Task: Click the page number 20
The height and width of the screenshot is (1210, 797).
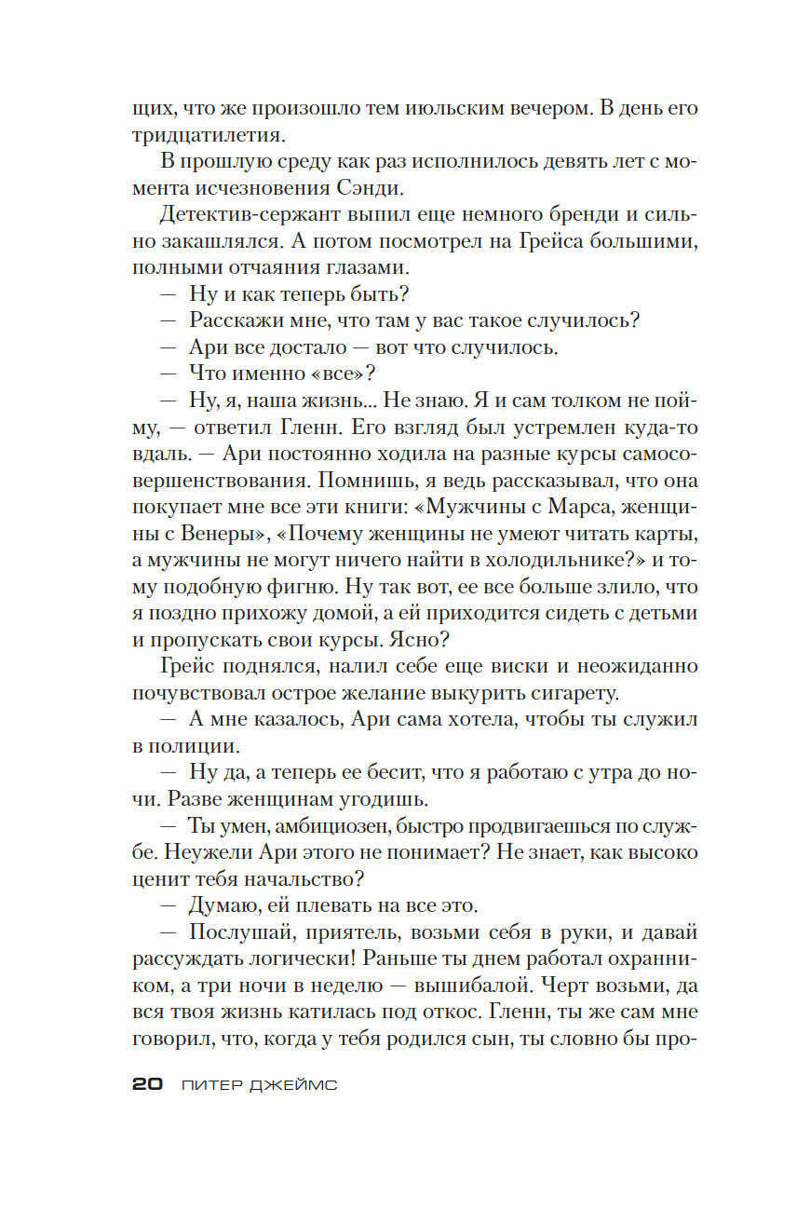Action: coord(148,1084)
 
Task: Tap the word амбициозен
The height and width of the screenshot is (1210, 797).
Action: coord(317,826)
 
